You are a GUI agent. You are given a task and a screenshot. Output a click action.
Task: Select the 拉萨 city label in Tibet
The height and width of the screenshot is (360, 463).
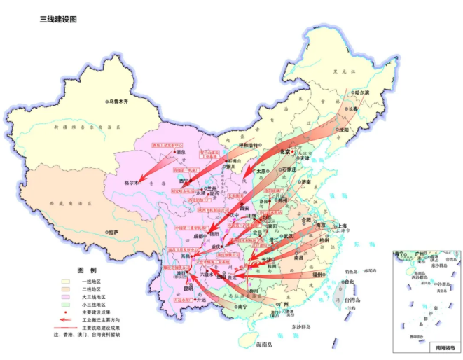[112, 231]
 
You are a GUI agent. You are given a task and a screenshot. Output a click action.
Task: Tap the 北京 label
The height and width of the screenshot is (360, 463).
[284, 151]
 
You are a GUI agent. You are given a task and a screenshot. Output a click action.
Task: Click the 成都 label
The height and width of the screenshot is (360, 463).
[194, 237]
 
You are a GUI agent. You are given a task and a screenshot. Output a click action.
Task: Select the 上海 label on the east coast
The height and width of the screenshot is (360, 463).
[342, 226]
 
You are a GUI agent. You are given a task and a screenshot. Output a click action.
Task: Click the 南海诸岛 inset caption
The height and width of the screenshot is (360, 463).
[445, 347]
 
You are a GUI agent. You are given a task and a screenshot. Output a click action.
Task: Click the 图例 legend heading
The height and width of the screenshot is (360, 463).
[87, 270]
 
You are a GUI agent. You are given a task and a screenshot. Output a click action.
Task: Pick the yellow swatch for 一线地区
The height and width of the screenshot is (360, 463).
[67, 281]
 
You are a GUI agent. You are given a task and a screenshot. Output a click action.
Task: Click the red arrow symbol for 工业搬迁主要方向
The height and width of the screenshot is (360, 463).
[67, 319]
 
